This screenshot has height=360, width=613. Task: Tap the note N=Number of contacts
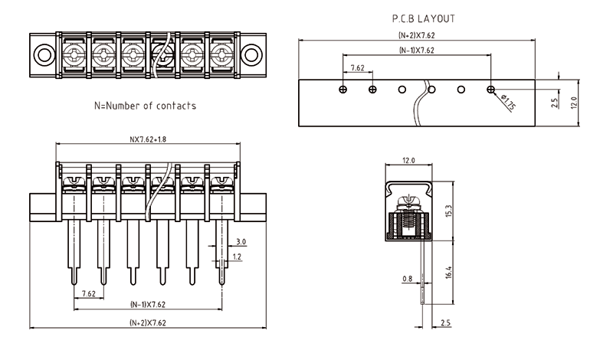click(145, 106)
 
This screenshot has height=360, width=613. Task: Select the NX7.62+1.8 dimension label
click(148, 140)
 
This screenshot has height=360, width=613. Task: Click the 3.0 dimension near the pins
click(241, 242)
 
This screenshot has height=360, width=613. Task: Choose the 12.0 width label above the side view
click(408, 161)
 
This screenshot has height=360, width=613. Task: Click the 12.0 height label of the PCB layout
click(572, 100)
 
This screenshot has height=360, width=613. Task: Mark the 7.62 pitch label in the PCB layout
click(357, 68)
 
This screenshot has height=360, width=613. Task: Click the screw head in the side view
click(408, 201)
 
